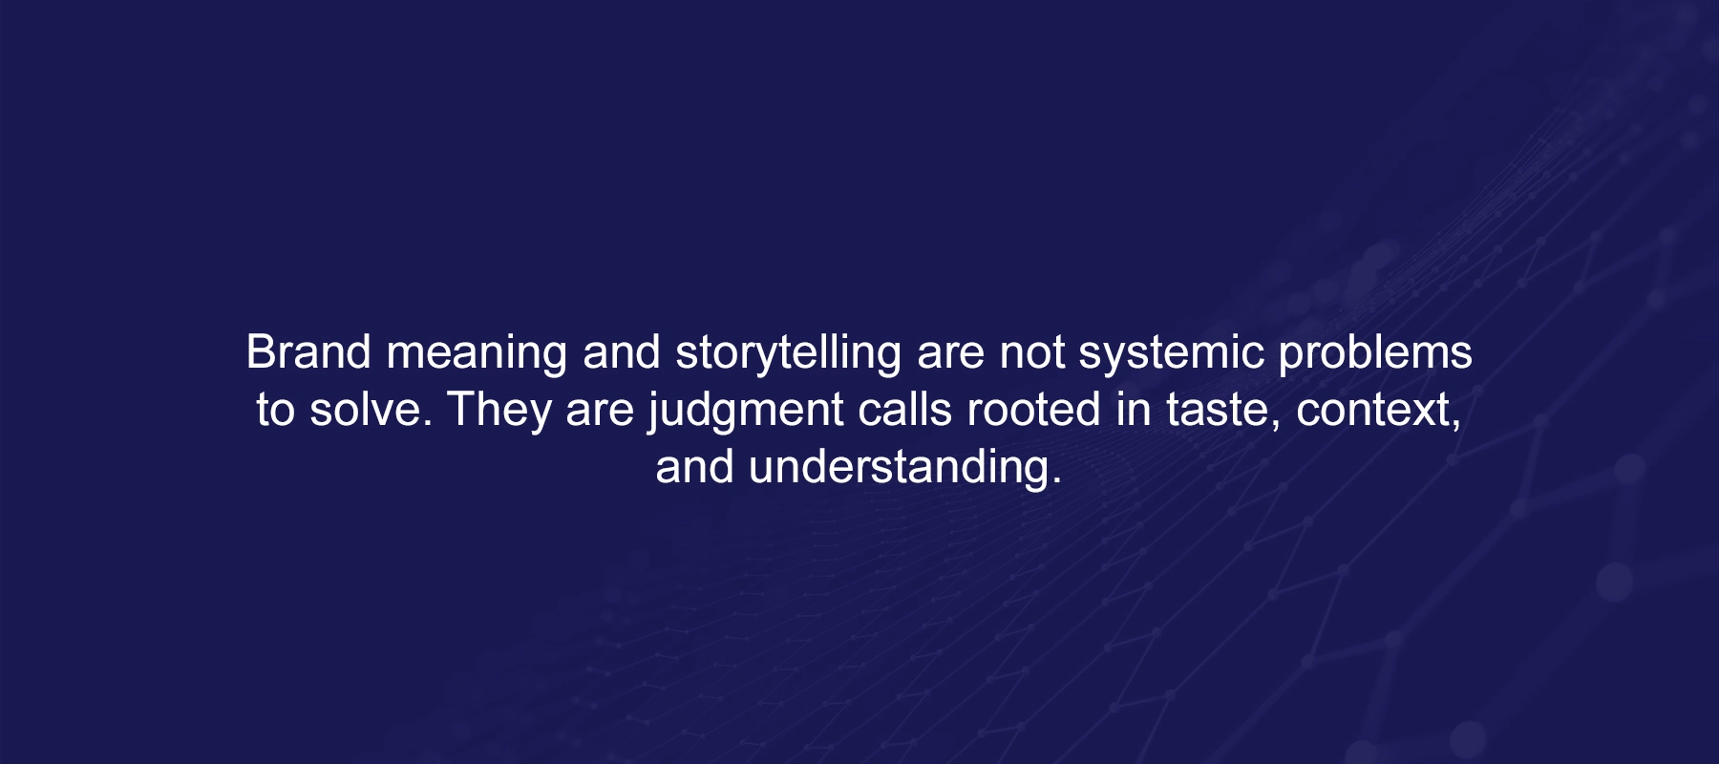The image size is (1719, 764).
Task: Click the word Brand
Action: (308, 351)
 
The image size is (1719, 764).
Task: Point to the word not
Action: (1031, 352)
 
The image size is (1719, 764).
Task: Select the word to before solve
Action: (275, 411)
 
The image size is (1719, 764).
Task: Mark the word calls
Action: (905, 409)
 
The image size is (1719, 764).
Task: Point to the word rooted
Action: (1034, 409)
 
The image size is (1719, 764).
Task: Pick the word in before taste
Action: (1134, 409)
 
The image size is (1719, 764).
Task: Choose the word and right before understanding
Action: (694, 466)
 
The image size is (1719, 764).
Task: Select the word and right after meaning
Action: (622, 351)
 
